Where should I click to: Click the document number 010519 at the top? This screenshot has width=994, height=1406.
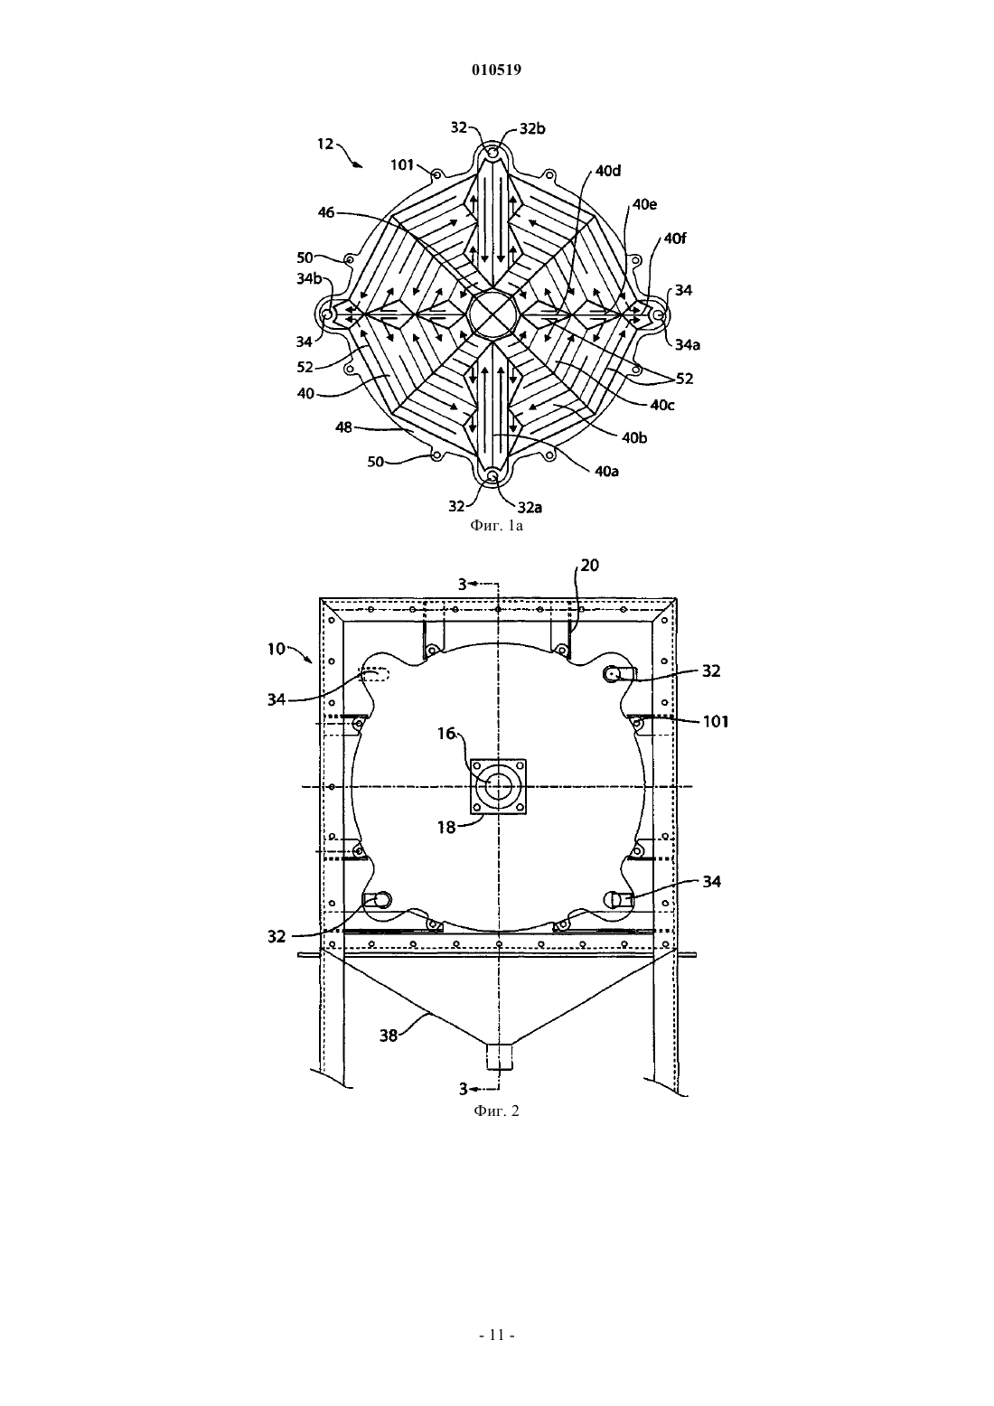point(496,70)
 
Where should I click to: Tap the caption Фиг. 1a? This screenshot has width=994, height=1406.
point(496,526)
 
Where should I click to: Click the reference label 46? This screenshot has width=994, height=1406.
point(325,212)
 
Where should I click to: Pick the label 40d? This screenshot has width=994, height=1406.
point(608,171)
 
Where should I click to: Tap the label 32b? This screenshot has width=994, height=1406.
point(532,128)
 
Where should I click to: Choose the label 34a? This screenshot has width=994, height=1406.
point(688,344)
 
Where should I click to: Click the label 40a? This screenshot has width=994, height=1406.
point(607,471)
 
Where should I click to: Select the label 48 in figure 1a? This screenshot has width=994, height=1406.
point(343,428)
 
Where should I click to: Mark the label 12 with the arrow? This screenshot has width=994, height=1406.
point(325,145)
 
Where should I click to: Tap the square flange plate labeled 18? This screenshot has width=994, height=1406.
point(498,786)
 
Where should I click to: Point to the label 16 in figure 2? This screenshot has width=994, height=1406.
point(446,733)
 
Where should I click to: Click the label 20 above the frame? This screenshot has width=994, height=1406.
point(589,566)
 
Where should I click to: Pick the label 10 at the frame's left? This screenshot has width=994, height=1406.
point(277,649)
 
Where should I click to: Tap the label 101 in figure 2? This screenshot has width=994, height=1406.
point(716,722)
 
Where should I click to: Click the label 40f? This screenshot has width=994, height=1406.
point(675,239)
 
